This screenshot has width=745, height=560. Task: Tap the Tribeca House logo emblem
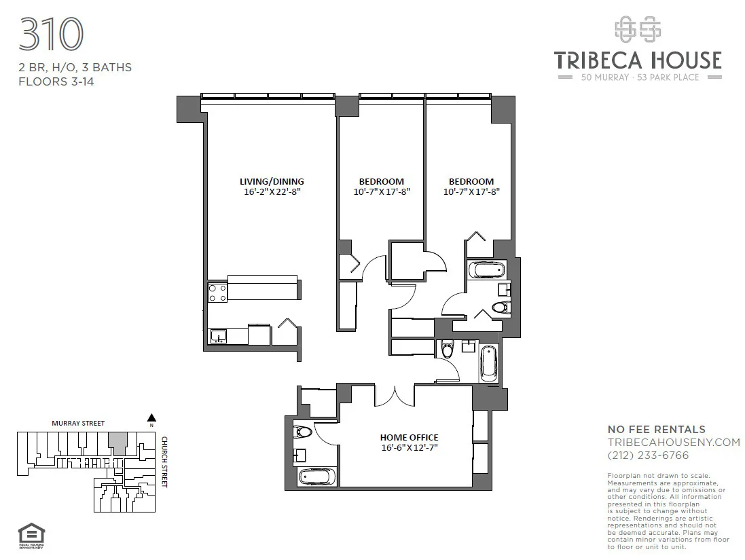(637, 29)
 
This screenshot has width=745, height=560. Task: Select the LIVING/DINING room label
(272, 181)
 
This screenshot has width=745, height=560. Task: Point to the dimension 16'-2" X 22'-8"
(272, 191)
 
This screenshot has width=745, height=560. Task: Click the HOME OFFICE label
(409, 437)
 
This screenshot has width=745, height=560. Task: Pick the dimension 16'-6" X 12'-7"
(409, 448)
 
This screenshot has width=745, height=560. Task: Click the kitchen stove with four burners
(217, 293)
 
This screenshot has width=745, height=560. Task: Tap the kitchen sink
(219, 336)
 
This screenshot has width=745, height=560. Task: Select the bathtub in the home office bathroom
(317, 477)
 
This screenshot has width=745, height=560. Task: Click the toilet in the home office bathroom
(302, 432)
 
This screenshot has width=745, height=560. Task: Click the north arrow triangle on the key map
(152, 418)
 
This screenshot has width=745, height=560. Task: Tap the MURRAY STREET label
(79, 424)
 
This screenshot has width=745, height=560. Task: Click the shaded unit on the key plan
(117, 444)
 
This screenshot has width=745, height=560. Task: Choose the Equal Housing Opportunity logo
(26, 534)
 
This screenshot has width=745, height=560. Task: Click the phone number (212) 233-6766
(648, 455)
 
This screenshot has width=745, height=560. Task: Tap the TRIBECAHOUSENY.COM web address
(673, 442)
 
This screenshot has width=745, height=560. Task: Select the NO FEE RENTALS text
(656, 429)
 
